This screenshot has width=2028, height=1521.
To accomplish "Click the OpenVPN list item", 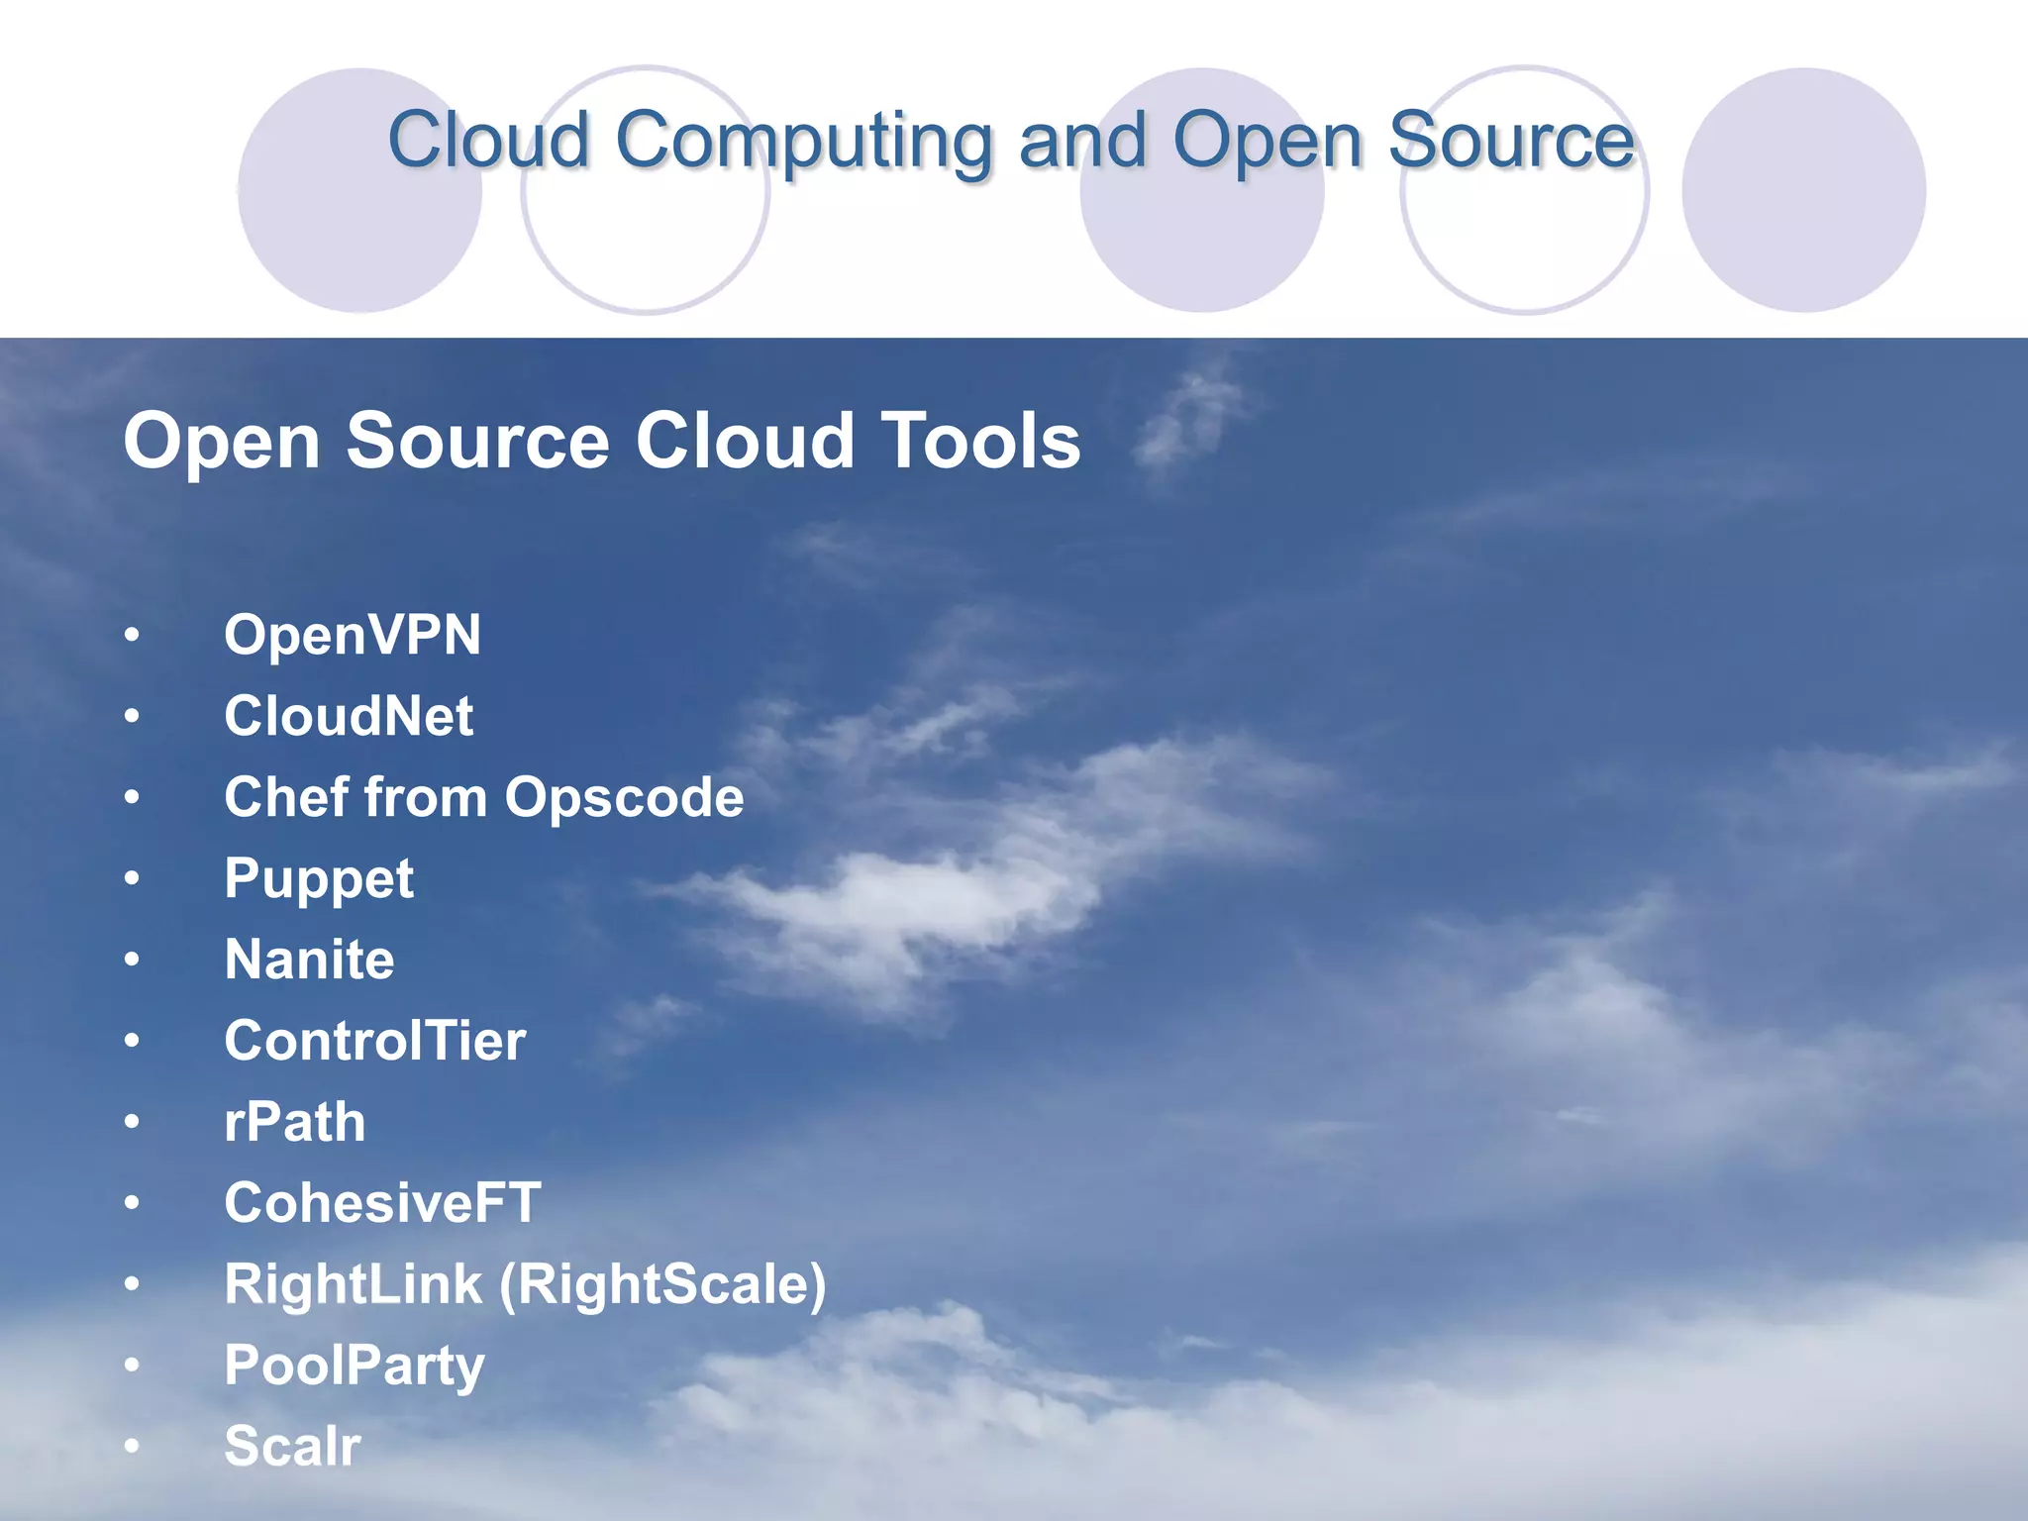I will coord(352,635).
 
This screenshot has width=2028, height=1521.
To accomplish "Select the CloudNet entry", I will coord(349,716).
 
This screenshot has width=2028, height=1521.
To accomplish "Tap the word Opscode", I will coord(624,798).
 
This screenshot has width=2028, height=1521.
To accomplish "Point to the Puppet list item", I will coord(318,879).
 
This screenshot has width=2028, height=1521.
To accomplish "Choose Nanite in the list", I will coord(309,960).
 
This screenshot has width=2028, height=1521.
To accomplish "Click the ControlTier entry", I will coord(374,1041).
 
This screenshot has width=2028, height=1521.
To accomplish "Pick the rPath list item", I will coord(294,1123).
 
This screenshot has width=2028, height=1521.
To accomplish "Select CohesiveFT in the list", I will coord(382,1203).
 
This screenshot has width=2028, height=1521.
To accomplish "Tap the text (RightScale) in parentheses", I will coord(662,1285).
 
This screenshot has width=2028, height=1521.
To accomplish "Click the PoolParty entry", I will coord(354,1367).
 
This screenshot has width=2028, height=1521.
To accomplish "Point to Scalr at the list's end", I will coord(292,1447).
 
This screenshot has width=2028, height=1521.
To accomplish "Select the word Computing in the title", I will coord(803,142).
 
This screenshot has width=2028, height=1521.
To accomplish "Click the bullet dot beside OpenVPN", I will coord(132,635).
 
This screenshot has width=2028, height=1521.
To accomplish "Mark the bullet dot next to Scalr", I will coord(132,1447).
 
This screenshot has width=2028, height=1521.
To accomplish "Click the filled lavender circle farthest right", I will coord(1803,190).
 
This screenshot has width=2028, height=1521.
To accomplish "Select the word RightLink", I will coord(353,1285).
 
